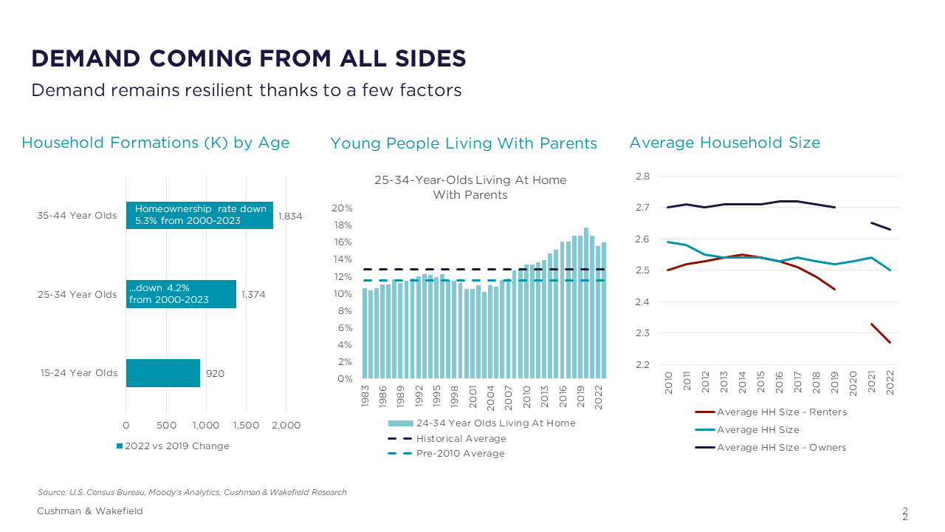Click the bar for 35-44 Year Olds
[x=199, y=215]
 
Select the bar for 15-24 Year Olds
[x=163, y=373]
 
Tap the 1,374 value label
[x=253, y=294]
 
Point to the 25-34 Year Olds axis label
[x=78, y=294]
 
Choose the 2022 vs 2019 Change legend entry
[x=173, y=446]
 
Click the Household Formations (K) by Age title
[x=155, y=143]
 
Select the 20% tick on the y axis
[x=345, y=208]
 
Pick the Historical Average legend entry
[x=461, y=438]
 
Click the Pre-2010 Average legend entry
[x=460, y=453]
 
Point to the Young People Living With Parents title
[x=464, y=143]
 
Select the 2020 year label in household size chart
[x=853, y=383]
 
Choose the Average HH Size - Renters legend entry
[x=781, y=412]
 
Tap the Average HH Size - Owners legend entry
[x=781, y=447]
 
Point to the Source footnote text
[x=192, y=492]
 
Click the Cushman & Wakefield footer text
[x=90, y=511]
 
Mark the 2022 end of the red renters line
[x=890, y=342]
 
